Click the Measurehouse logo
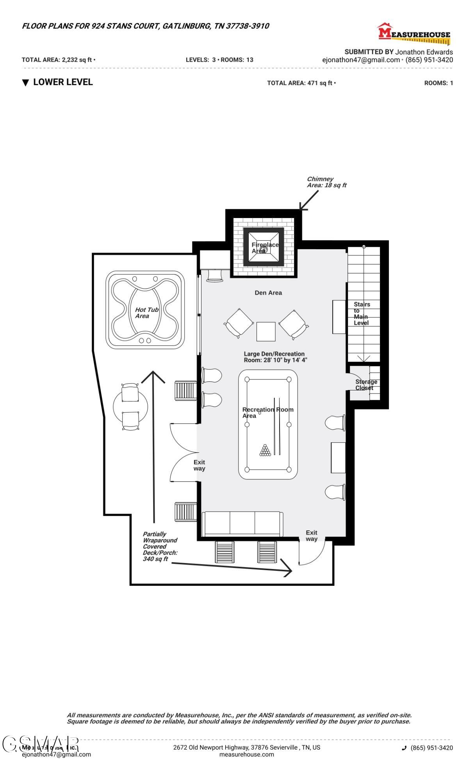tap(414, 33)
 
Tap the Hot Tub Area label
tap(146, 313)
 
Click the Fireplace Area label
tap(265, 248)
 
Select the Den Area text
tap(268, 292)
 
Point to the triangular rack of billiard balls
tap(265, 450)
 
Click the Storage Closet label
tap(366, 385)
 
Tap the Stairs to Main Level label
tap(362, 314)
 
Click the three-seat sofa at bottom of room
tap(242, 524)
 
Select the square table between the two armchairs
tap(266, 331)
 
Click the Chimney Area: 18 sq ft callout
tap(326, 182)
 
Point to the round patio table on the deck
tap(130, 407)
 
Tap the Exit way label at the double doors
tap(199, 465)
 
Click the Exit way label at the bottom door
tap(312, 535)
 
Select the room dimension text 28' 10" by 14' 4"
tap(275, 360)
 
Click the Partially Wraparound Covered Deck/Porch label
tap(160, 546)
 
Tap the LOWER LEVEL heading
tap(62, 82)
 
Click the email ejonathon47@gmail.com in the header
tap(361, 60)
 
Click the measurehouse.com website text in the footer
tap(246, 754)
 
